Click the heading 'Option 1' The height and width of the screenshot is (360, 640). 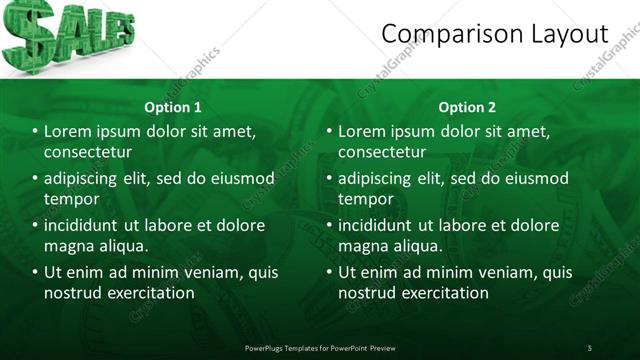pos(173,107)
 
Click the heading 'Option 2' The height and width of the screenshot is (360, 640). pos(467,107)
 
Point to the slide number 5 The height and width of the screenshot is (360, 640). pos(590,347)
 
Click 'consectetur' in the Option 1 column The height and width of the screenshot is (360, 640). pos(88,152)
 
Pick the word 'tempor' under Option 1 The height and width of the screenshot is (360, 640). pos(71,199)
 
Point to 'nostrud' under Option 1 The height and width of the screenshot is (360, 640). pos(72,293)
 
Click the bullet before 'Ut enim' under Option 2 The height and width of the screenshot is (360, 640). pos(329,273)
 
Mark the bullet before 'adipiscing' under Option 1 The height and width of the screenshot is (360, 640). pos(35,179)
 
